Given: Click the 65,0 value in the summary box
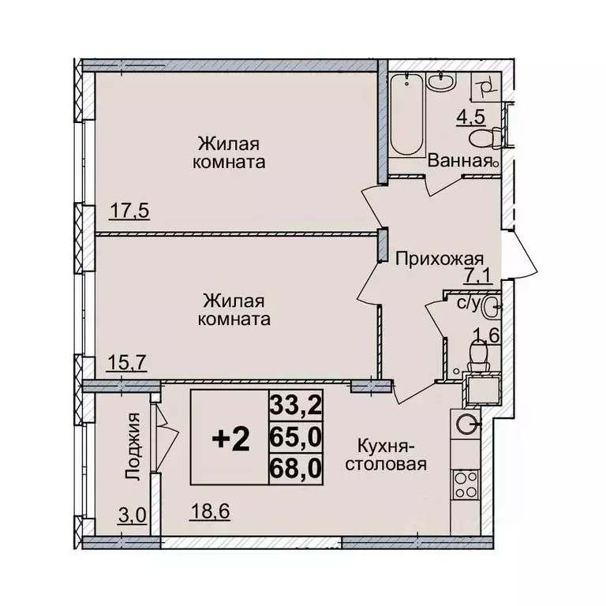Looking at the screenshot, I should coord(294,436).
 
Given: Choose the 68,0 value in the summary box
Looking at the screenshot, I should coord(294,468).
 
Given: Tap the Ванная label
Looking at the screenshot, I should coord(455,160).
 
